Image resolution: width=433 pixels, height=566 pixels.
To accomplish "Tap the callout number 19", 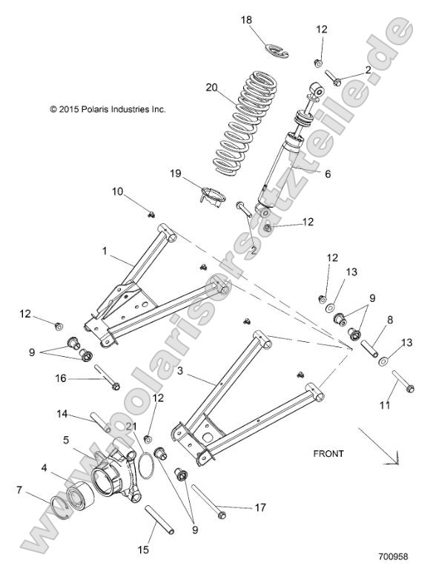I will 175,173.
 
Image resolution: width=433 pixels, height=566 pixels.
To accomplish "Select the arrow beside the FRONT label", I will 380,448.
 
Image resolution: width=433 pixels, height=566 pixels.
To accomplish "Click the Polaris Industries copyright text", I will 108,109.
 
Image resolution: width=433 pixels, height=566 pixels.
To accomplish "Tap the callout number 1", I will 105,252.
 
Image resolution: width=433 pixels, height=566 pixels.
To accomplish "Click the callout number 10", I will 118,192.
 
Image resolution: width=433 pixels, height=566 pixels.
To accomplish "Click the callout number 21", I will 132,424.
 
